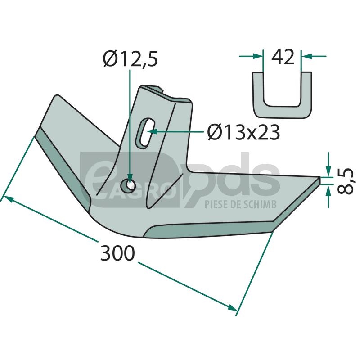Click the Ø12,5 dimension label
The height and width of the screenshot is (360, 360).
pyautogui.click(x=130, y=59)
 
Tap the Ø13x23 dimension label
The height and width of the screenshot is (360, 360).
pyautogui.click(x=243, y=133)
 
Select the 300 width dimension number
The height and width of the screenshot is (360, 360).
pyautogui.click(x=117, y=253)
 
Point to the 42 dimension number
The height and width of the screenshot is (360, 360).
pyautogui.click(x=283, y=57)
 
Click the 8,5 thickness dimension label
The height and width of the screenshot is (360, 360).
pyautogui.click(x=345, y=181)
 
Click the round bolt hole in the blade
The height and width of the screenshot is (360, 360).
pyautogui.click(x=129, y=185)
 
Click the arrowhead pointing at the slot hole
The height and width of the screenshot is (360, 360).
pyautogui.click(x=153, y=132)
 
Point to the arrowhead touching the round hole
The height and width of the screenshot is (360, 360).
pyautogui.click(x=130, y=180)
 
